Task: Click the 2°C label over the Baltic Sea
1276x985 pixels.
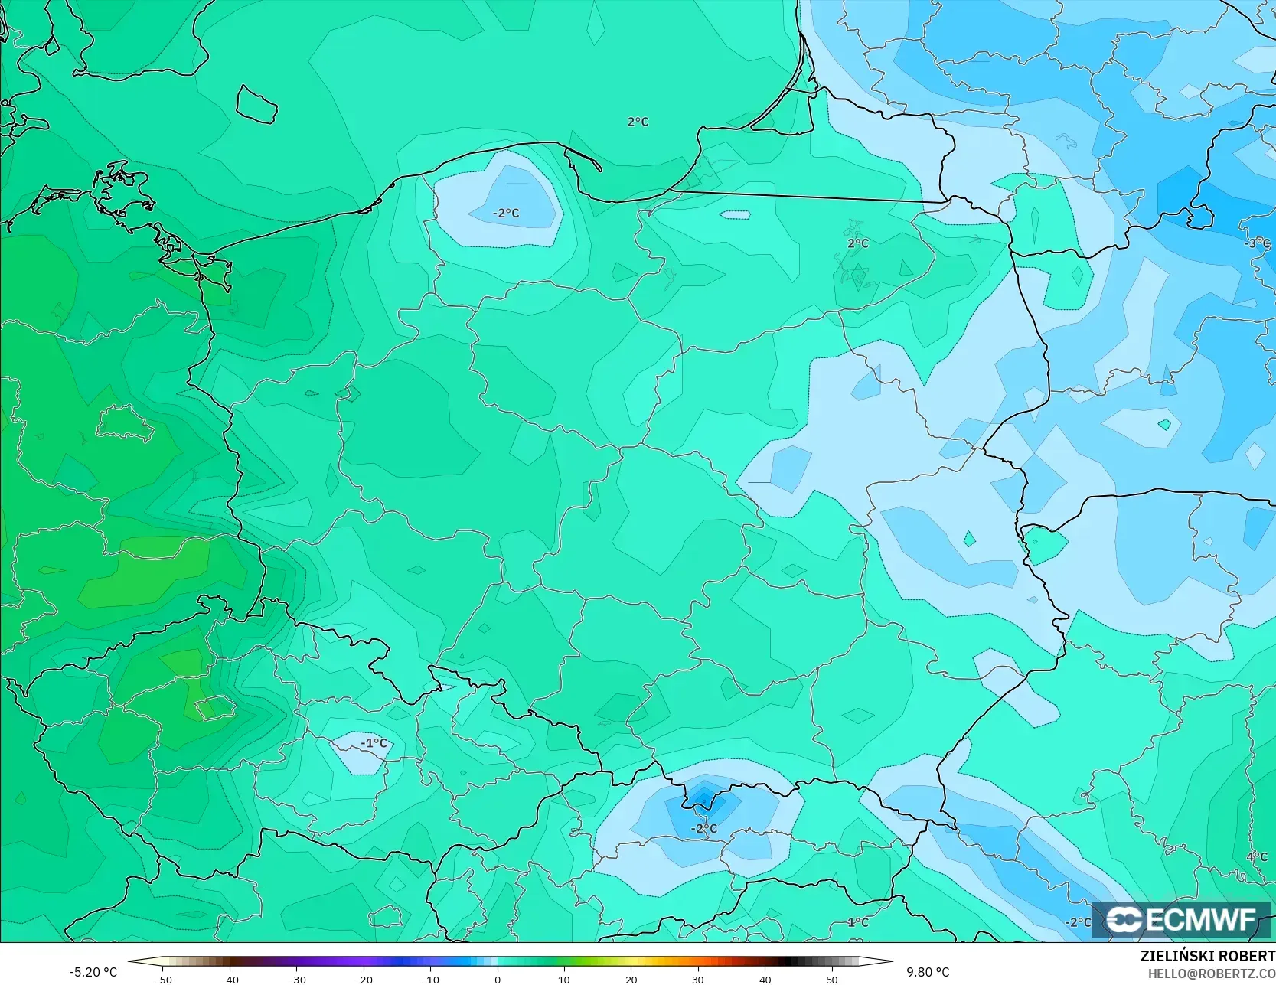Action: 638,122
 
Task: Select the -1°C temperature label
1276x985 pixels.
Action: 374,743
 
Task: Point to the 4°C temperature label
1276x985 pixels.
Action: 1257,857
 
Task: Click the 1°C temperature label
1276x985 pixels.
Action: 858,922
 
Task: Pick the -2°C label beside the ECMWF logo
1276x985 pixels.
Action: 1078,922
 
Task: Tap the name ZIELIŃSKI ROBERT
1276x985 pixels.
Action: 1207,957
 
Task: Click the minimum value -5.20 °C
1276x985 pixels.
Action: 93,972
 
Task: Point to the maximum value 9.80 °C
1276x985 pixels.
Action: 928,972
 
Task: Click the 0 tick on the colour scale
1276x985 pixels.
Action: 498,979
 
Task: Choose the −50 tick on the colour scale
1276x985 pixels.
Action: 162,979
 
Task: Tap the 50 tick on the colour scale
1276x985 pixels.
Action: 832,979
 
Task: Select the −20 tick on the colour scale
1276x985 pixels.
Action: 364,979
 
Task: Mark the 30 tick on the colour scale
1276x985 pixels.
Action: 698,979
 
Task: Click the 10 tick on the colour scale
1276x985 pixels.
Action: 564,979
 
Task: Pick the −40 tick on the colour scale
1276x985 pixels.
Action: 230,979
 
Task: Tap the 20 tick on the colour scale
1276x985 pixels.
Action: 631,979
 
